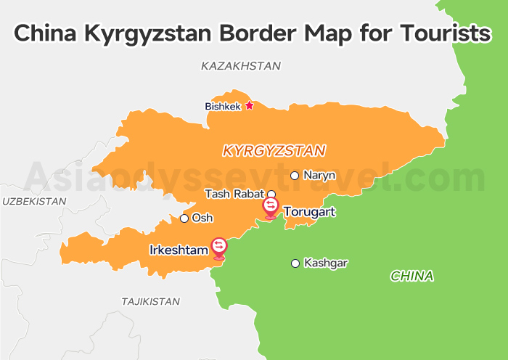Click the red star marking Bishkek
click(x=249, y=105)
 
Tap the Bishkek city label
click(x=222, y=107)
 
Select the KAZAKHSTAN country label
click(x=240, y=66)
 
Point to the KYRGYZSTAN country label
click(x=274, y=151)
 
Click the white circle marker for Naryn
click(x=295, y=176)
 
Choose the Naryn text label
click(x=319, y=176)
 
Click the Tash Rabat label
click(x=234, y=194)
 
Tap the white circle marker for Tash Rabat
click(x=271, y=194)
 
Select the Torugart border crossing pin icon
click(x=271, y=208)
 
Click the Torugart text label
click(x=310, y=212)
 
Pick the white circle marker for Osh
click(x=184, y=218)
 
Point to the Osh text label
click(x=202, y=218)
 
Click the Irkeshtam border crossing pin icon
click(x=218, y=247)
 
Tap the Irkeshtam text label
click(x=179, y=250)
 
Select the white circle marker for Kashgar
click(x=295, y=263)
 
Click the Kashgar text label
click(x=326, y=263)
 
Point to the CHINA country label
click(x=411, y=276)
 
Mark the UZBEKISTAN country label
click(x=33, y=201)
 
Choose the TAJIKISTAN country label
click(x=150, y=300)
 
